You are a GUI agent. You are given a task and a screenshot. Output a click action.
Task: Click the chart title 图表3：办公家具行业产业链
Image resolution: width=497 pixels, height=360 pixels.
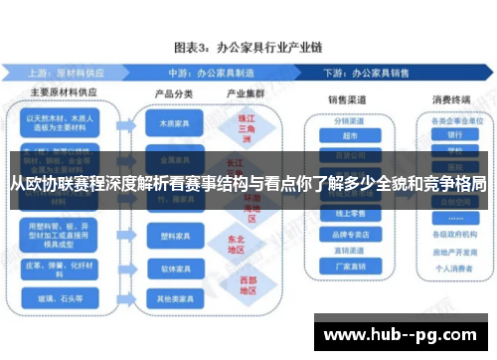click(x=248, y=47)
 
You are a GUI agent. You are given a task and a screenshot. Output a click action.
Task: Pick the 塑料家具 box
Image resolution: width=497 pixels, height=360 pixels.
click(x=168, y=238)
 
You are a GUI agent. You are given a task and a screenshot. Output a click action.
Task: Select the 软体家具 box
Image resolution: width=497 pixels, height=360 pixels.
click(x=168, y=268)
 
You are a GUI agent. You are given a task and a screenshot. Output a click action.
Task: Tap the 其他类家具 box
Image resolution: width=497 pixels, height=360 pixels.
click(x=168, y=297)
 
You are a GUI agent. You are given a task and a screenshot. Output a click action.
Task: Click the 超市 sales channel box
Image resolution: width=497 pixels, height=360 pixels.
click(x=349, y=135)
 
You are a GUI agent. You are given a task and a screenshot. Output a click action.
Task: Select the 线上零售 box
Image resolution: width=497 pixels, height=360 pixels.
click(x=349, y=212)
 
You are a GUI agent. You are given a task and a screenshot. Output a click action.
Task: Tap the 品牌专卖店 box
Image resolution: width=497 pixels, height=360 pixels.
click(x=349, y=235)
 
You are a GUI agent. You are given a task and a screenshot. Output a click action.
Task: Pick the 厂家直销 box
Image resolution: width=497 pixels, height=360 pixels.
click(x=349, y=266)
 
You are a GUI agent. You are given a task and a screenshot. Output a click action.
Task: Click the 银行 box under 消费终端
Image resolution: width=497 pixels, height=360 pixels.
click(x=454, y=135)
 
